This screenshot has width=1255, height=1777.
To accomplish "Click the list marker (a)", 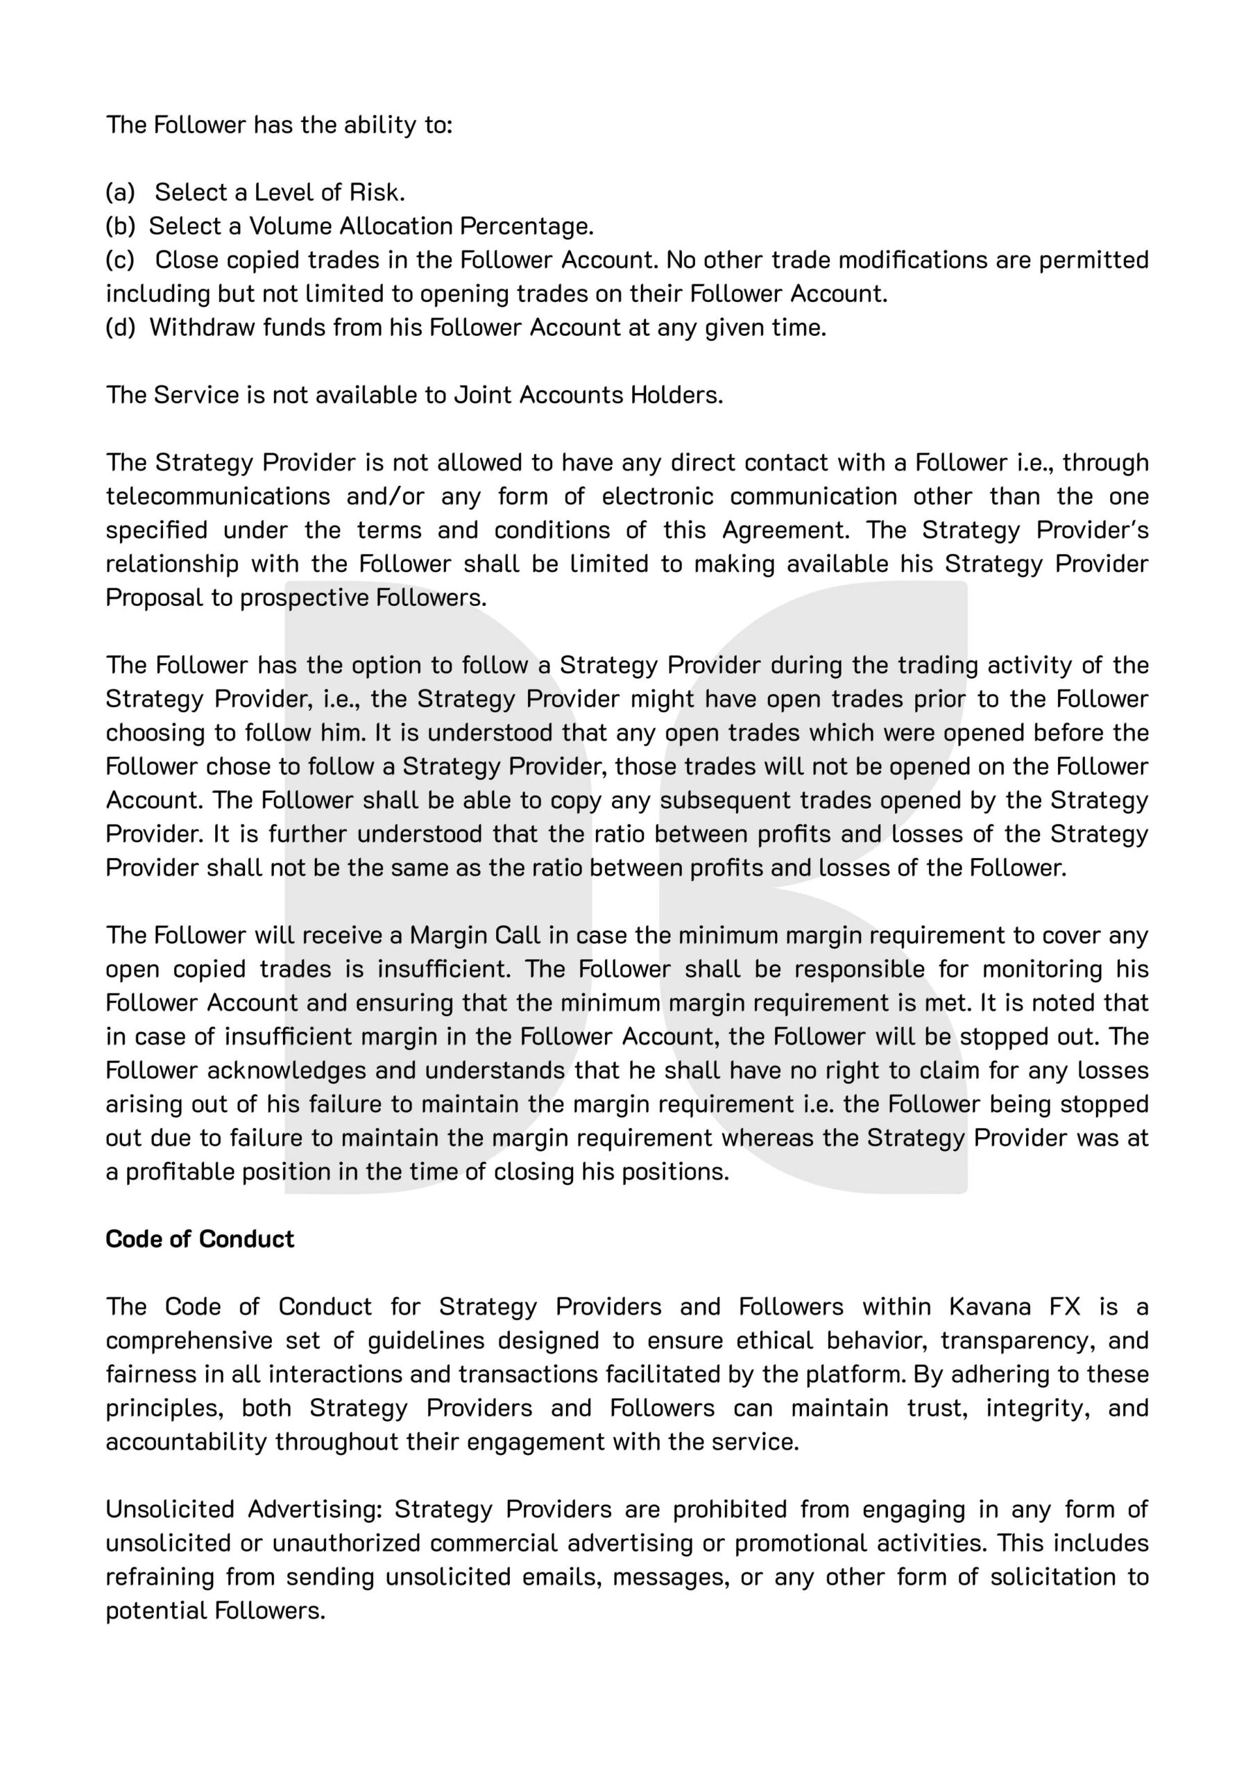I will point(120,192).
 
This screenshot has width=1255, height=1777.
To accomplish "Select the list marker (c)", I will point(120,260).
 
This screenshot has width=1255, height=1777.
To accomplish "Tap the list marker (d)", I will point(120,328).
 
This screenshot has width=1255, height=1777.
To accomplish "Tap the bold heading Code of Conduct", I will point(200,1239).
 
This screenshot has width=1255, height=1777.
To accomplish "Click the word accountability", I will point(187,1442).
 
